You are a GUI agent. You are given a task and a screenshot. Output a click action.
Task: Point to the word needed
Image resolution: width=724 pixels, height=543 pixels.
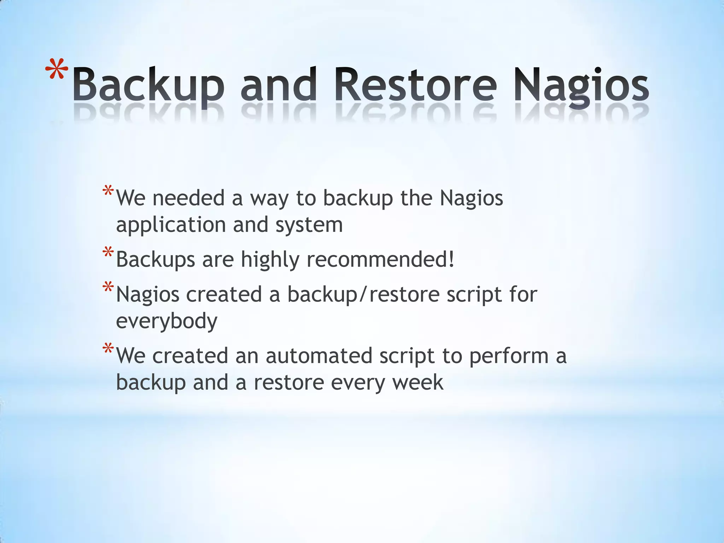(x=188, y=198)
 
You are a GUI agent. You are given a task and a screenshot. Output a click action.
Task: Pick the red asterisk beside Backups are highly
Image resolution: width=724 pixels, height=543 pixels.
(x=108, y=254)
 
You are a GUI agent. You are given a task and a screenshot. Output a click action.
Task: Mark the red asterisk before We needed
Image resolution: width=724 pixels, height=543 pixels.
(x=108, y=192)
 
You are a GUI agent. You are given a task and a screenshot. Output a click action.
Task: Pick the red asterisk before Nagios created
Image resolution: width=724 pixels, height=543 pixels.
(x=108, y=288)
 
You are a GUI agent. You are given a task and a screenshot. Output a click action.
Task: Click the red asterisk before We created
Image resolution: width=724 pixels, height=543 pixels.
(x=108, y=350)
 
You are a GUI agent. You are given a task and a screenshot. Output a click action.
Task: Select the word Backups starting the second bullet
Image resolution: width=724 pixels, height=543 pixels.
(x=156, y=260)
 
